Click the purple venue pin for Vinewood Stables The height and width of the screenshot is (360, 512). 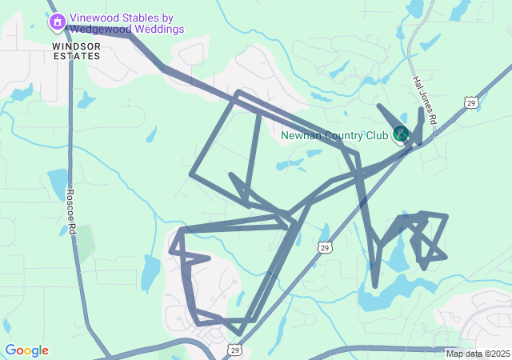click(57, 22)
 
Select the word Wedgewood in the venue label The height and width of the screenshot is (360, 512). click(100, 30)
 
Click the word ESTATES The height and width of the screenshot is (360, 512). click(78, 57)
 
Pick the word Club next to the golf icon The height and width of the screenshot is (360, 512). click(378, 135)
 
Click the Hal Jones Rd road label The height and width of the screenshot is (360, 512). click(425, 99)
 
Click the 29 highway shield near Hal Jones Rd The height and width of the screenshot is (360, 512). click(471, 102)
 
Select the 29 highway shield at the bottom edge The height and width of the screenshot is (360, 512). click(234, 350)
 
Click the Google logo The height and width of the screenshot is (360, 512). click(26, 350)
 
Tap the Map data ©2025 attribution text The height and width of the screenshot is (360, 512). click(477, 354)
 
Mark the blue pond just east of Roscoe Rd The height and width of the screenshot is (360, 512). click(58, 182)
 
